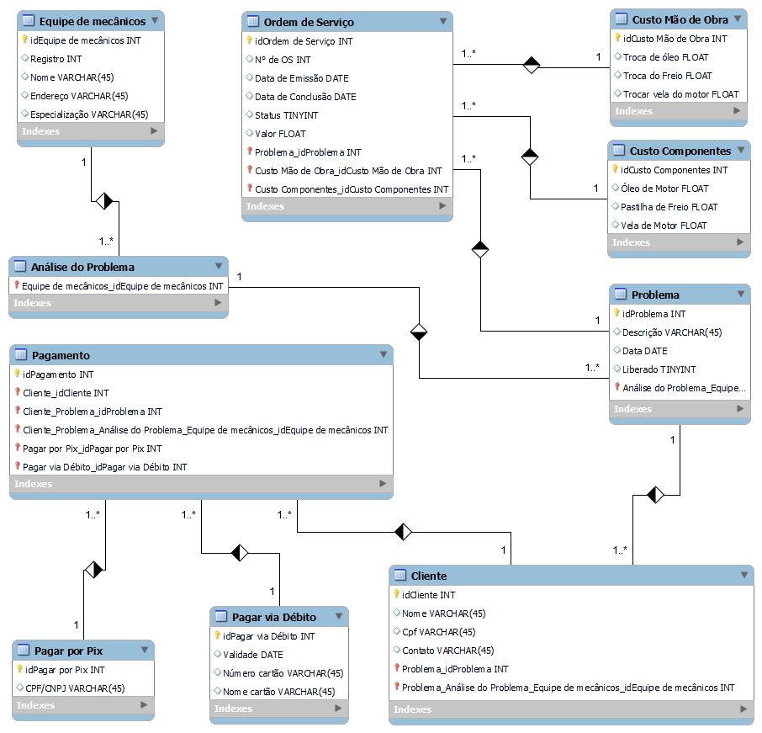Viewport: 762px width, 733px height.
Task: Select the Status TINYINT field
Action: tap(281, 115)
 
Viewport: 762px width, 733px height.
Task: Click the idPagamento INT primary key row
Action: tap(58, 374)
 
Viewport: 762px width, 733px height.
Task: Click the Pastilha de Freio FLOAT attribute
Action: tap(669, 207)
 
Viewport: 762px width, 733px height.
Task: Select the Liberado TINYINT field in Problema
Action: tap(659, 369)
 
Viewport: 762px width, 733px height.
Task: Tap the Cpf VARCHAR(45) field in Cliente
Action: tap(438, 632)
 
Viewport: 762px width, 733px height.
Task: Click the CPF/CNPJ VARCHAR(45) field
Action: tap(76, 688)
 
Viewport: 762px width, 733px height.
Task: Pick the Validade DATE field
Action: tap(252, 655)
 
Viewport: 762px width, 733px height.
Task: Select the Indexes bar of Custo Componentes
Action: tap(678, 242)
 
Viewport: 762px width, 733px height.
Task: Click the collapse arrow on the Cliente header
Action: tap(743, 575)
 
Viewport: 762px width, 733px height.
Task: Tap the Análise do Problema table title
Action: tap(82, 267)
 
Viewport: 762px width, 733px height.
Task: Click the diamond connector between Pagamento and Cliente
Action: tap(405, 531)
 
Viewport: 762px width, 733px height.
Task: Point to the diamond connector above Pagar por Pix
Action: tap(93, 570)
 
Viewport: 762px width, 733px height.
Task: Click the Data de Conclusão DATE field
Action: tap(305, 97)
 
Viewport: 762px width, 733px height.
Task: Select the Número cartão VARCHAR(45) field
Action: tap(283, 673)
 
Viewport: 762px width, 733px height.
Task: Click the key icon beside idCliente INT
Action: tap(396, 594)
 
